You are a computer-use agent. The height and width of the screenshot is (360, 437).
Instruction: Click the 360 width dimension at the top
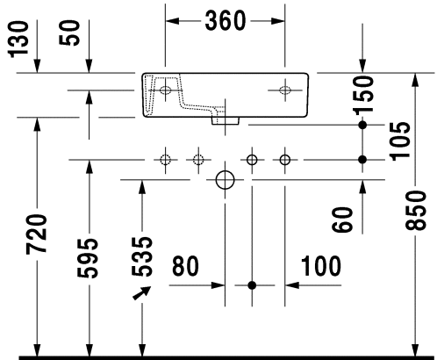pyautogui.click(x=225, y=21)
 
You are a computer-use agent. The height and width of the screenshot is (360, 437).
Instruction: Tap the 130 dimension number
pyautogui.click(x=18, y=39)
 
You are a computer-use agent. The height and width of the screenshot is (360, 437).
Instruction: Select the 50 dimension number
pyautogui.click(x=69, y=32)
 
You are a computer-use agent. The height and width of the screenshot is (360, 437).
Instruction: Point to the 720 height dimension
pyautogui.click(x=36, y=234)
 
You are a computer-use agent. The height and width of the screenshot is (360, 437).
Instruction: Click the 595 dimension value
pyautogui.click(x=88, y=258)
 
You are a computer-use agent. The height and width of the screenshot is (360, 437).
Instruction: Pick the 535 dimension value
pyautogui.click(x=141, y=256)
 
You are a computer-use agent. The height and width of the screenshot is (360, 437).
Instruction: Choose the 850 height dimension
pyautogui.click(x=415, y=210)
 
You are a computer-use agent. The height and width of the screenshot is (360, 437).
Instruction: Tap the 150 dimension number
pyautogui.click(x=363, y=95)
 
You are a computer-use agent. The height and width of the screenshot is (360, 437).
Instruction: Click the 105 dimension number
pyautogui.click(x=400, y=141)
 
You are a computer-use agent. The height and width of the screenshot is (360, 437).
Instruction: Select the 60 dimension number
pyautogui.click(x=342, y=220)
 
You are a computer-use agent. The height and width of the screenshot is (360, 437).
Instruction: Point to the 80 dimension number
pyautogui.click(x=185, y=266)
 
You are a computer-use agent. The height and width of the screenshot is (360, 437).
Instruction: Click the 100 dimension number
pyautogui.click(x=321, y=266)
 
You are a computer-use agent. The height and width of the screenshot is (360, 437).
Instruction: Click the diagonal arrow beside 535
pyautogui.click(x=142, y=293)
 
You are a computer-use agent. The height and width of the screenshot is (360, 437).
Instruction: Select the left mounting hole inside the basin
pyautogui.click(x=165, y=90)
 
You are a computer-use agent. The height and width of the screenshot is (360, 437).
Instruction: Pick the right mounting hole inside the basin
pyautogui.click(x=285, y=90)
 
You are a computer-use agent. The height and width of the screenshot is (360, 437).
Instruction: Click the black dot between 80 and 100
pyautogui.click(x=252, y=285)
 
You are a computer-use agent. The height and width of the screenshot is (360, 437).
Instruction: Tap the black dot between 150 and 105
pyautogui.click(x=362, y=125)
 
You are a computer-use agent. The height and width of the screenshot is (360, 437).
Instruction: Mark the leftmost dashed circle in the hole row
pyautogui.click(x=166, y=160)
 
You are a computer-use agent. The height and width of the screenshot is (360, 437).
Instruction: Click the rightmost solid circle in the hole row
pyautogui.click(x=285, y=160)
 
